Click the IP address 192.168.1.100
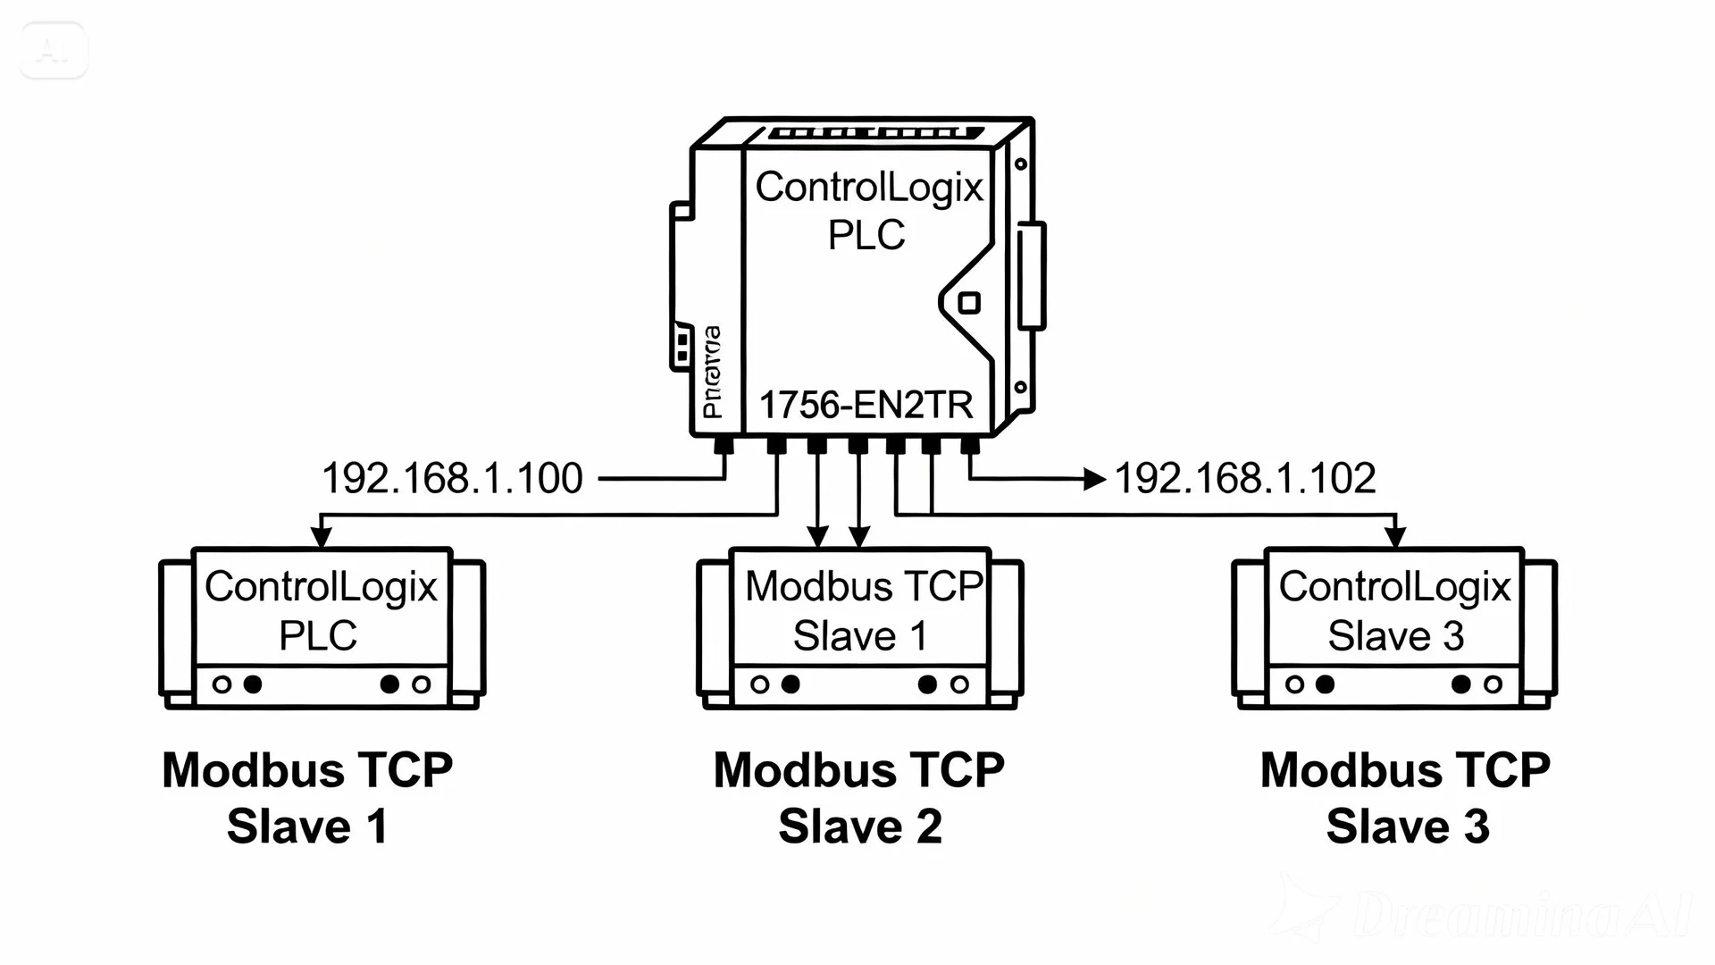click(x=451, y=478)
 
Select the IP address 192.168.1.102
click(x=1244, y=478)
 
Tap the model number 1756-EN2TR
click(x=865, y=405)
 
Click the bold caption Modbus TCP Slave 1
click(x=307, y=797)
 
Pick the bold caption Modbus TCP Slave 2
click(x=859, y=797)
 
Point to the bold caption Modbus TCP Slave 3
click(x=1406, y=797)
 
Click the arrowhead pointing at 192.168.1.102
click(x=1094, y=479)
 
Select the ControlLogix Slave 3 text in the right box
click(x=1394, y=610)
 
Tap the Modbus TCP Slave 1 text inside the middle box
click(x=863, y=610)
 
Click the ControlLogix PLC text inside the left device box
click(x=321, y=610)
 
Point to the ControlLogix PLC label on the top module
click(x=867, y=210)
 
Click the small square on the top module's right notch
click(x=968, y=303)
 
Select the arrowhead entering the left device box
click(x=321, y=536)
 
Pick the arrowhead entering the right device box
click(x=1395, y=536)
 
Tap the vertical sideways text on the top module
click(x=712, y=372)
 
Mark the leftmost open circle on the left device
click(x=222, y=684)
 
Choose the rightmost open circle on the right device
click(x=1493, y=684)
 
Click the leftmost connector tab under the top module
click(x=724, y=444)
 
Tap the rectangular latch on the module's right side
click(x=1031, y=274)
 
